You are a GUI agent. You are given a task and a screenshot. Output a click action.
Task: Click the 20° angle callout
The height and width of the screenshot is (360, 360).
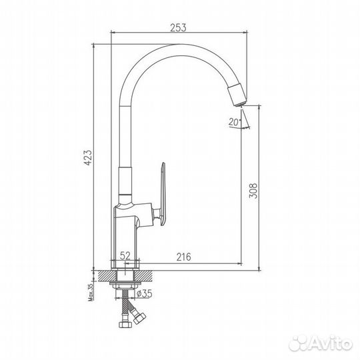click(233, 122)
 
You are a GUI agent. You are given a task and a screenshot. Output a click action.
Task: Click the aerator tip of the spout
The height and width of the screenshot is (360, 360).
click(237, 95)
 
